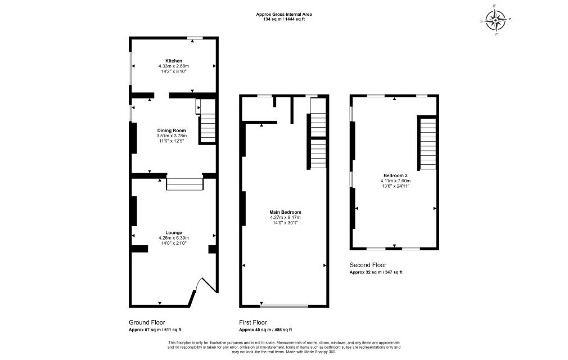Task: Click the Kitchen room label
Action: point(173,61)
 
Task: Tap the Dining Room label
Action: point(171,130)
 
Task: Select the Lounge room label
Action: point(173,232)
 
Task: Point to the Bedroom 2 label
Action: point(394,175)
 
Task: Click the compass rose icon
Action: point(496,20)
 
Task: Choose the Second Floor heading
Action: point(368,264)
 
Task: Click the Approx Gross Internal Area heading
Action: point(283,14)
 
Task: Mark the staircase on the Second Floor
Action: point(428,143)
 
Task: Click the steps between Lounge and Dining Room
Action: point(184,184)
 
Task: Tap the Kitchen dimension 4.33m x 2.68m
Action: point(173,66)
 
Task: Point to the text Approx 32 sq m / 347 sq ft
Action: point(376,272)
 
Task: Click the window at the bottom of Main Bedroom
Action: point(285,306)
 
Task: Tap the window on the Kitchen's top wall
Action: point(195,38)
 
